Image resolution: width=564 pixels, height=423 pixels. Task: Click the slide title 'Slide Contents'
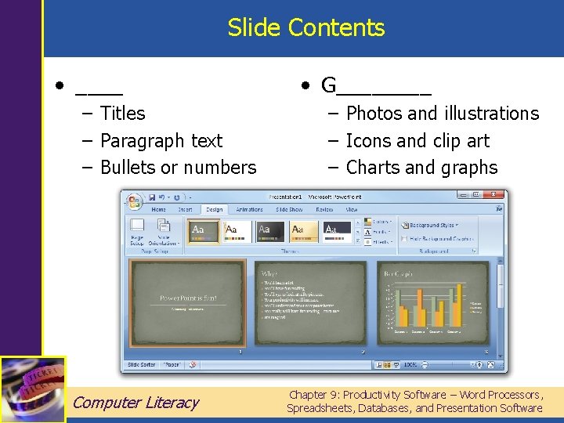tap(306, 28)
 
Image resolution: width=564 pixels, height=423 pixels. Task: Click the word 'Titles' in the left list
tap(123, 114)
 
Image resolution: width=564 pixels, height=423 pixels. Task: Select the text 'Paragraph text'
tap(161, 141)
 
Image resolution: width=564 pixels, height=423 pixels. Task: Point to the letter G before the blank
tap(329, 85)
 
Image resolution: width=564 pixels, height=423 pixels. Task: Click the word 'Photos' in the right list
tap(371, 114)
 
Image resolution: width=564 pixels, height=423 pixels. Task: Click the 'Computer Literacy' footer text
tap(136, 403)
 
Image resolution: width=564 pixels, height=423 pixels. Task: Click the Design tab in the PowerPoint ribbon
tap(214, 210)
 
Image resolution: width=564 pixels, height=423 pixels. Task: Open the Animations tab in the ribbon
tap(249, 210)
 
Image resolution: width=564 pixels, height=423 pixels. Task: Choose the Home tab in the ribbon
tap(159, 210)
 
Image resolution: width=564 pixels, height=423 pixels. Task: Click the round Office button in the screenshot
tap(135, 201)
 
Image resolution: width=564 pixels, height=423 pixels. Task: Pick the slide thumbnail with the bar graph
tap(432, 302)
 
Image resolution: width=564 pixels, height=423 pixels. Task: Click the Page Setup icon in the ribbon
tap(138, 231)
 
